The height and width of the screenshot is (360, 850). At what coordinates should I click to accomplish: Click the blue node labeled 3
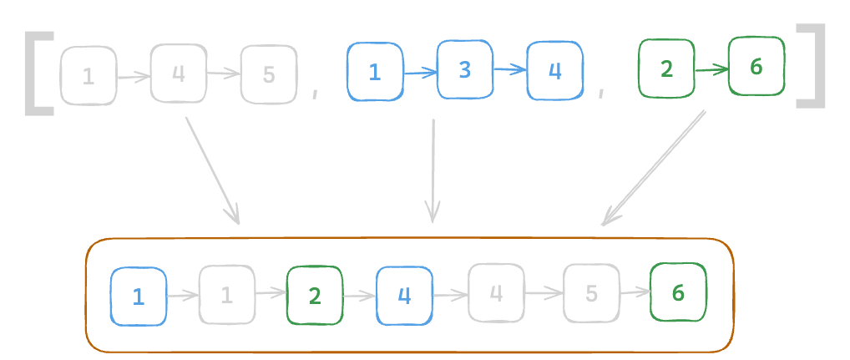(x=465, y=70)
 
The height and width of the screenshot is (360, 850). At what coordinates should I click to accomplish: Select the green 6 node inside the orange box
(x=678, y=292)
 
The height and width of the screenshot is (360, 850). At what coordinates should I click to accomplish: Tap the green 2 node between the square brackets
(x=666, y=69)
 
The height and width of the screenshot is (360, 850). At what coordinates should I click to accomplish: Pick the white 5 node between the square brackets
(x=268, y=75)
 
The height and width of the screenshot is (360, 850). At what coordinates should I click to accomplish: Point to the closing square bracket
(x=811, y=66)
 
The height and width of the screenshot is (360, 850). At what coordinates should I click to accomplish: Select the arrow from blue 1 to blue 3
(x=420, y=73)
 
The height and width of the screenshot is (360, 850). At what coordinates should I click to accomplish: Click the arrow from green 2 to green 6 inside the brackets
(x=711, y=70)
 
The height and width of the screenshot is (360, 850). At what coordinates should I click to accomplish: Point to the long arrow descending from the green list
(x=654, y=167)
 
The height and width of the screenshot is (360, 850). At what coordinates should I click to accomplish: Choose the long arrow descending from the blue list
(x=433, y=170)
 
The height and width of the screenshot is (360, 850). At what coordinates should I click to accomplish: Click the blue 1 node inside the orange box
(x=139, y=296)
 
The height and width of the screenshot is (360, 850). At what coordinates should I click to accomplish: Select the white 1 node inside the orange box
(x=226, y=294)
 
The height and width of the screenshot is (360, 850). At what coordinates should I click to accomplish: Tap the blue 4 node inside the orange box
(x=405, y=296)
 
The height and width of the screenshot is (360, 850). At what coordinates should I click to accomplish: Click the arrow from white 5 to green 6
(x=635, y=292)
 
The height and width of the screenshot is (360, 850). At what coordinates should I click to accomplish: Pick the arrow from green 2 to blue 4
(x=359, y=295)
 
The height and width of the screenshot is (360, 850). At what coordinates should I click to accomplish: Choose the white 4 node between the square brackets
(x=178, y=74)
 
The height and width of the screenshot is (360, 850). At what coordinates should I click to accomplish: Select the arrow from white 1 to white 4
(x=133, y=77)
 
